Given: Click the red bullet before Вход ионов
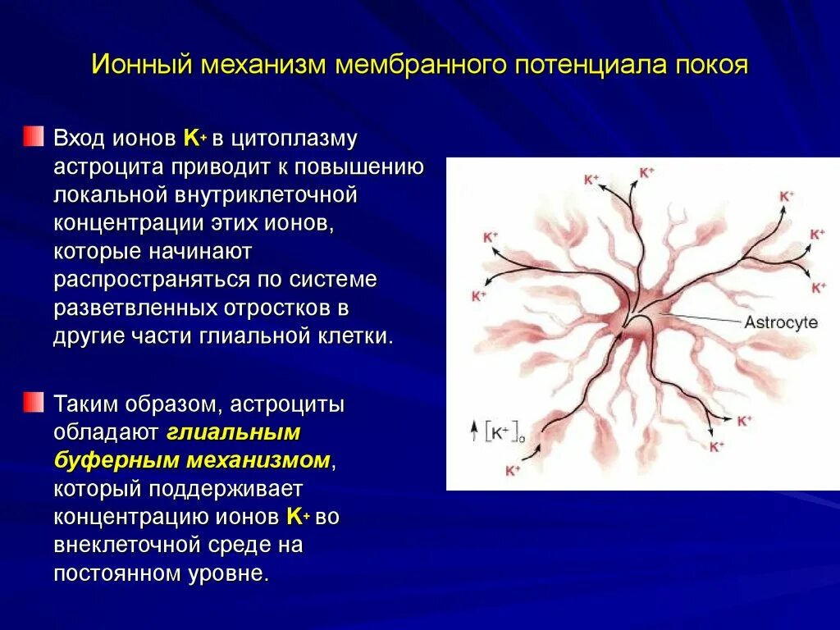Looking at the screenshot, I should (33, 135).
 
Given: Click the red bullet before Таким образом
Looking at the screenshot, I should (33, 402).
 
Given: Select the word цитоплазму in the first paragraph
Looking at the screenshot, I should (294, 139).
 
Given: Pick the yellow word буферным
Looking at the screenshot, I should (102, 460).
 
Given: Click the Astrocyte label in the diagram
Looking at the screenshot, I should (780, 322).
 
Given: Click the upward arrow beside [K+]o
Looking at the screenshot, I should (473, 431).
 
